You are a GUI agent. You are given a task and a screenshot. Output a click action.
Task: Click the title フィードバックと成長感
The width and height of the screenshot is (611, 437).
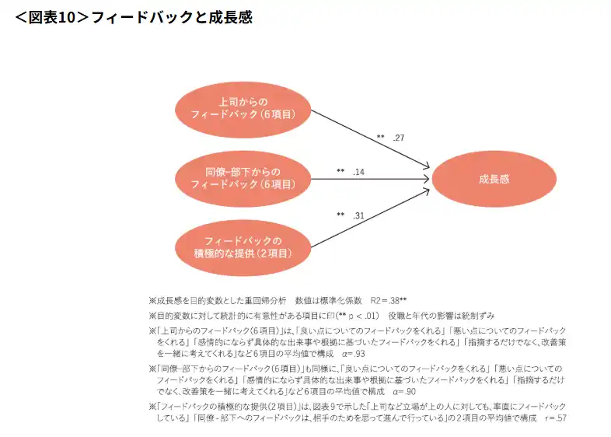pyautogui.click(x=171, y=17)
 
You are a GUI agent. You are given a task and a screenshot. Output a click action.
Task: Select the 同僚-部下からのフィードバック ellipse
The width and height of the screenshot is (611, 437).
pyautogui.click(x=243, y=178)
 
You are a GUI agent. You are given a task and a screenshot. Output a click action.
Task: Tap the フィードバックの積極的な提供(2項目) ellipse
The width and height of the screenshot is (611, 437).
pyautogui.click(x=243, y=246)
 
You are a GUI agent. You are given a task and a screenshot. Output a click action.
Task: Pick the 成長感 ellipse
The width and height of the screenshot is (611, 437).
pyautogui.click(x=494, y=178)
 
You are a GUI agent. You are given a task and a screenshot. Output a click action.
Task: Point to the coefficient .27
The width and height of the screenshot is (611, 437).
pyautogui.click(x=399, y=138)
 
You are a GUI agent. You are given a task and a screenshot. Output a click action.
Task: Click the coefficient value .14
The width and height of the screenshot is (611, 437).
pyautogui.click(x=358, y=172)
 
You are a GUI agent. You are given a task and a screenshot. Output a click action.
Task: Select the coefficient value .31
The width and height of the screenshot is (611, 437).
pyautogui.click(x=358, y=215)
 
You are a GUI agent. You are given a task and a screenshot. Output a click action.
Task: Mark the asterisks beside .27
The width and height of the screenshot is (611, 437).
pyautogui.click(x=381, y=138)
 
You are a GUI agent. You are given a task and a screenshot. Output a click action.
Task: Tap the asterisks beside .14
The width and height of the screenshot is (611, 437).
pyautogui.click(x=340, y=172)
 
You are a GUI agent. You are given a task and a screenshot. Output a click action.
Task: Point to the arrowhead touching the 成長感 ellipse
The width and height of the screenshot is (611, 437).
pyautogui.click(x=428, y=178)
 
